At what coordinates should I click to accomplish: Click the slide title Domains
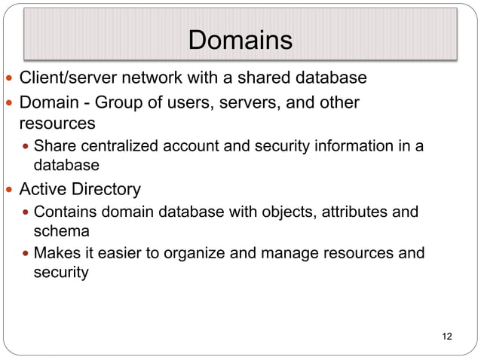click(240, 40)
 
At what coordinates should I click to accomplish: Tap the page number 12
click(447, 335)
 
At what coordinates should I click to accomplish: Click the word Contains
click(63, 212)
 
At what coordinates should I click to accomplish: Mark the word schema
click(62, 231)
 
